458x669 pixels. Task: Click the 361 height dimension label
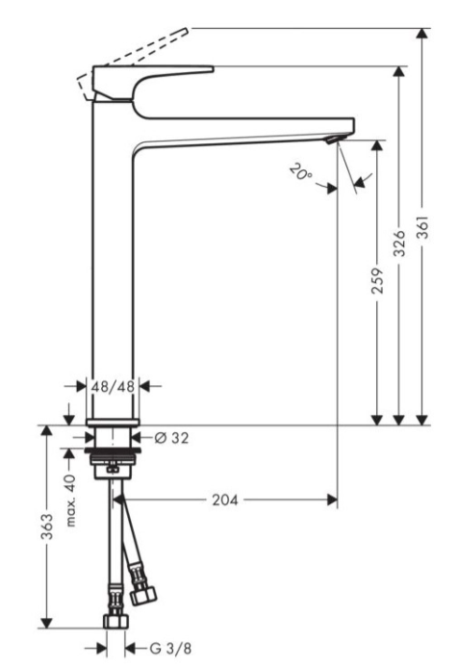click(422, 227)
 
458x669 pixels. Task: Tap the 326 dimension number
click(398, 244)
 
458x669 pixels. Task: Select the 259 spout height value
click(377, 281)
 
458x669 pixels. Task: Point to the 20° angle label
click(301, 173)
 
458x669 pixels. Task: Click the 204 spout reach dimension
click(225, 500)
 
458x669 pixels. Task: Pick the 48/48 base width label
click(113, 387)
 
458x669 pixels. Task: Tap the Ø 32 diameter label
click(171, 438)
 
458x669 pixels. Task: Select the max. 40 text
click(70, 500)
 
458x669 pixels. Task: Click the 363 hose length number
click(47, 527)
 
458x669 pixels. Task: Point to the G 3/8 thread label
click(170, 649)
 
